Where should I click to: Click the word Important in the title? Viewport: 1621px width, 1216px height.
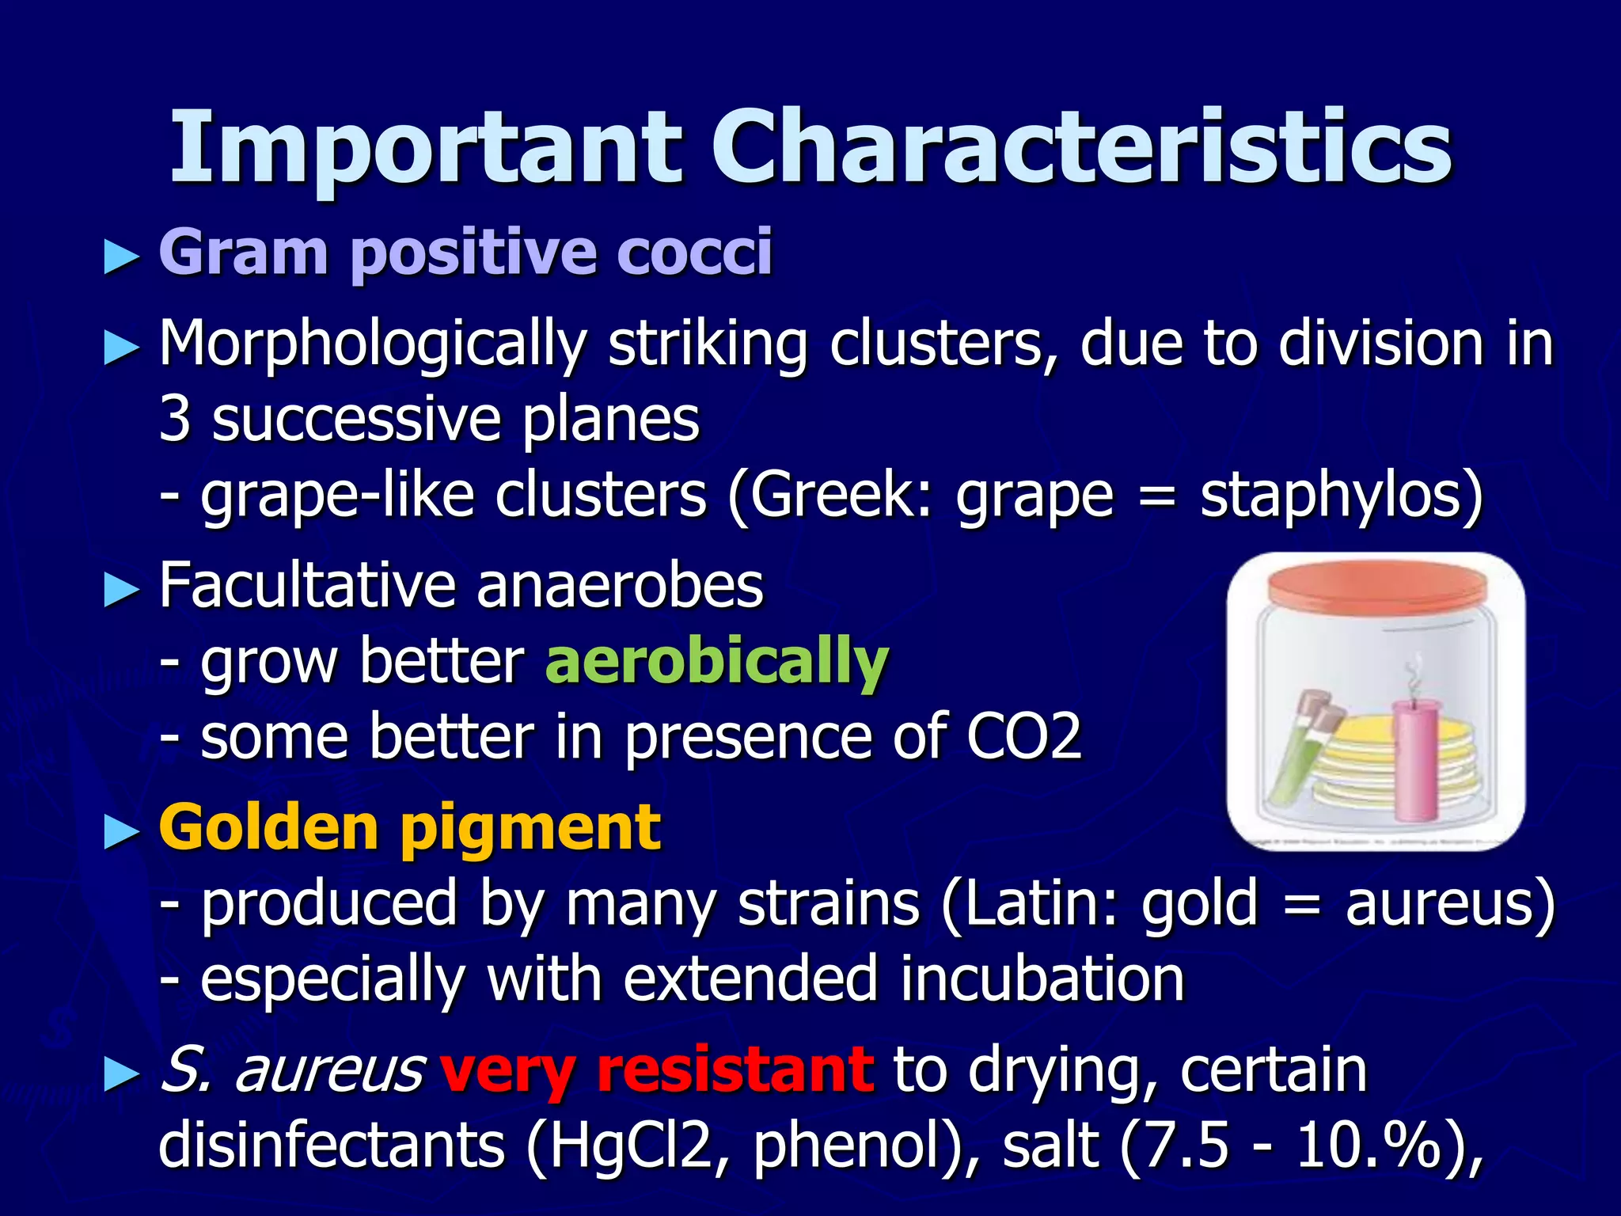(x=425, y=148)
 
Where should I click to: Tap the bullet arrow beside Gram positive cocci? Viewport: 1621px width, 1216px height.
(x=121, y=258)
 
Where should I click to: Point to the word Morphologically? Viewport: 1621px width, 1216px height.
(x=372, y=345)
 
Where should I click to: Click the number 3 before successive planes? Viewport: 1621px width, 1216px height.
(x=174, y=420)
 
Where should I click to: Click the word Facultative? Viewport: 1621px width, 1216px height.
(x=307, y=586)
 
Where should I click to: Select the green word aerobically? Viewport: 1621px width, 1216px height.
(x=717, y=661)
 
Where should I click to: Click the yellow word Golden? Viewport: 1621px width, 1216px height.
(x=269, y=827)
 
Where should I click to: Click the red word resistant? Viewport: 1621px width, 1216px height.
(x=735, y=1070)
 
